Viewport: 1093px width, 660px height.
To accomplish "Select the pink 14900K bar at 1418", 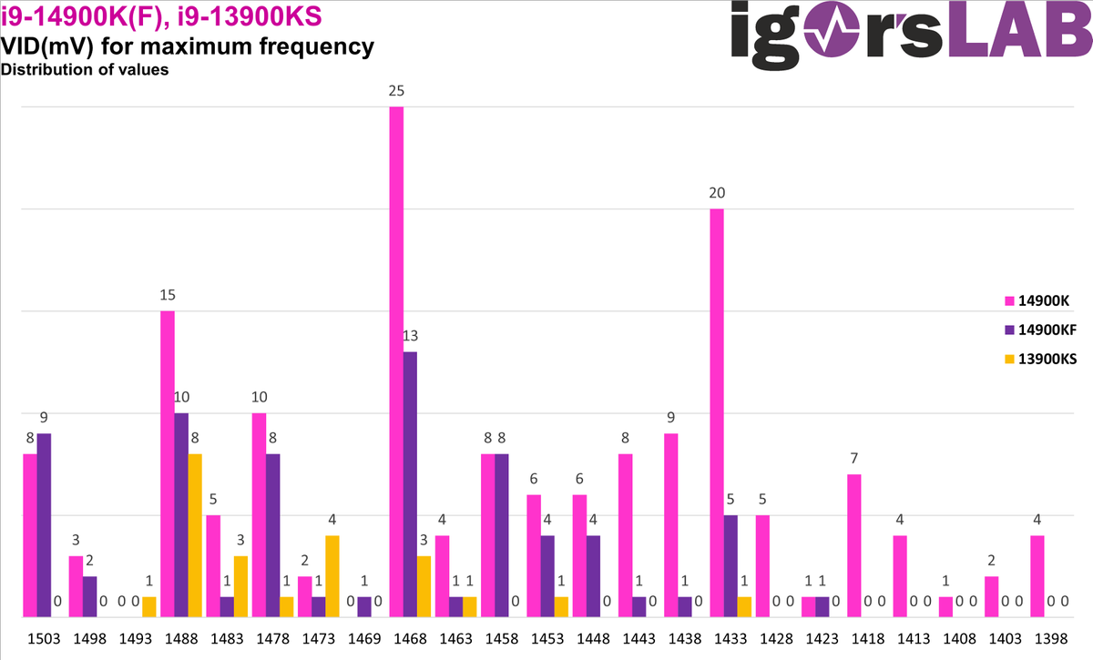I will click(854, 545).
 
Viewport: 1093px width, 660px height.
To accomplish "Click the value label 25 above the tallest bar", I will click(396, 91).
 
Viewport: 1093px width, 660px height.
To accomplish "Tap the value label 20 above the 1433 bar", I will click(717, 193).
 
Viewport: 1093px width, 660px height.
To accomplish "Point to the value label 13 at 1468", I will click(410, 336).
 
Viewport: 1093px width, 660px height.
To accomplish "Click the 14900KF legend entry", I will click(1040, 329).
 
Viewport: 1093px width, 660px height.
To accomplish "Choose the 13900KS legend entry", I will click(1040, 359).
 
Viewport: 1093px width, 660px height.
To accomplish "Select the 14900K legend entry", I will click(1036, 300).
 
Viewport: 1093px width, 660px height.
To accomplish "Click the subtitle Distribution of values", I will click(85, 69).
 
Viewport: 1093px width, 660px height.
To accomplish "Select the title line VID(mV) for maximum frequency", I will click(188, 46).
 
